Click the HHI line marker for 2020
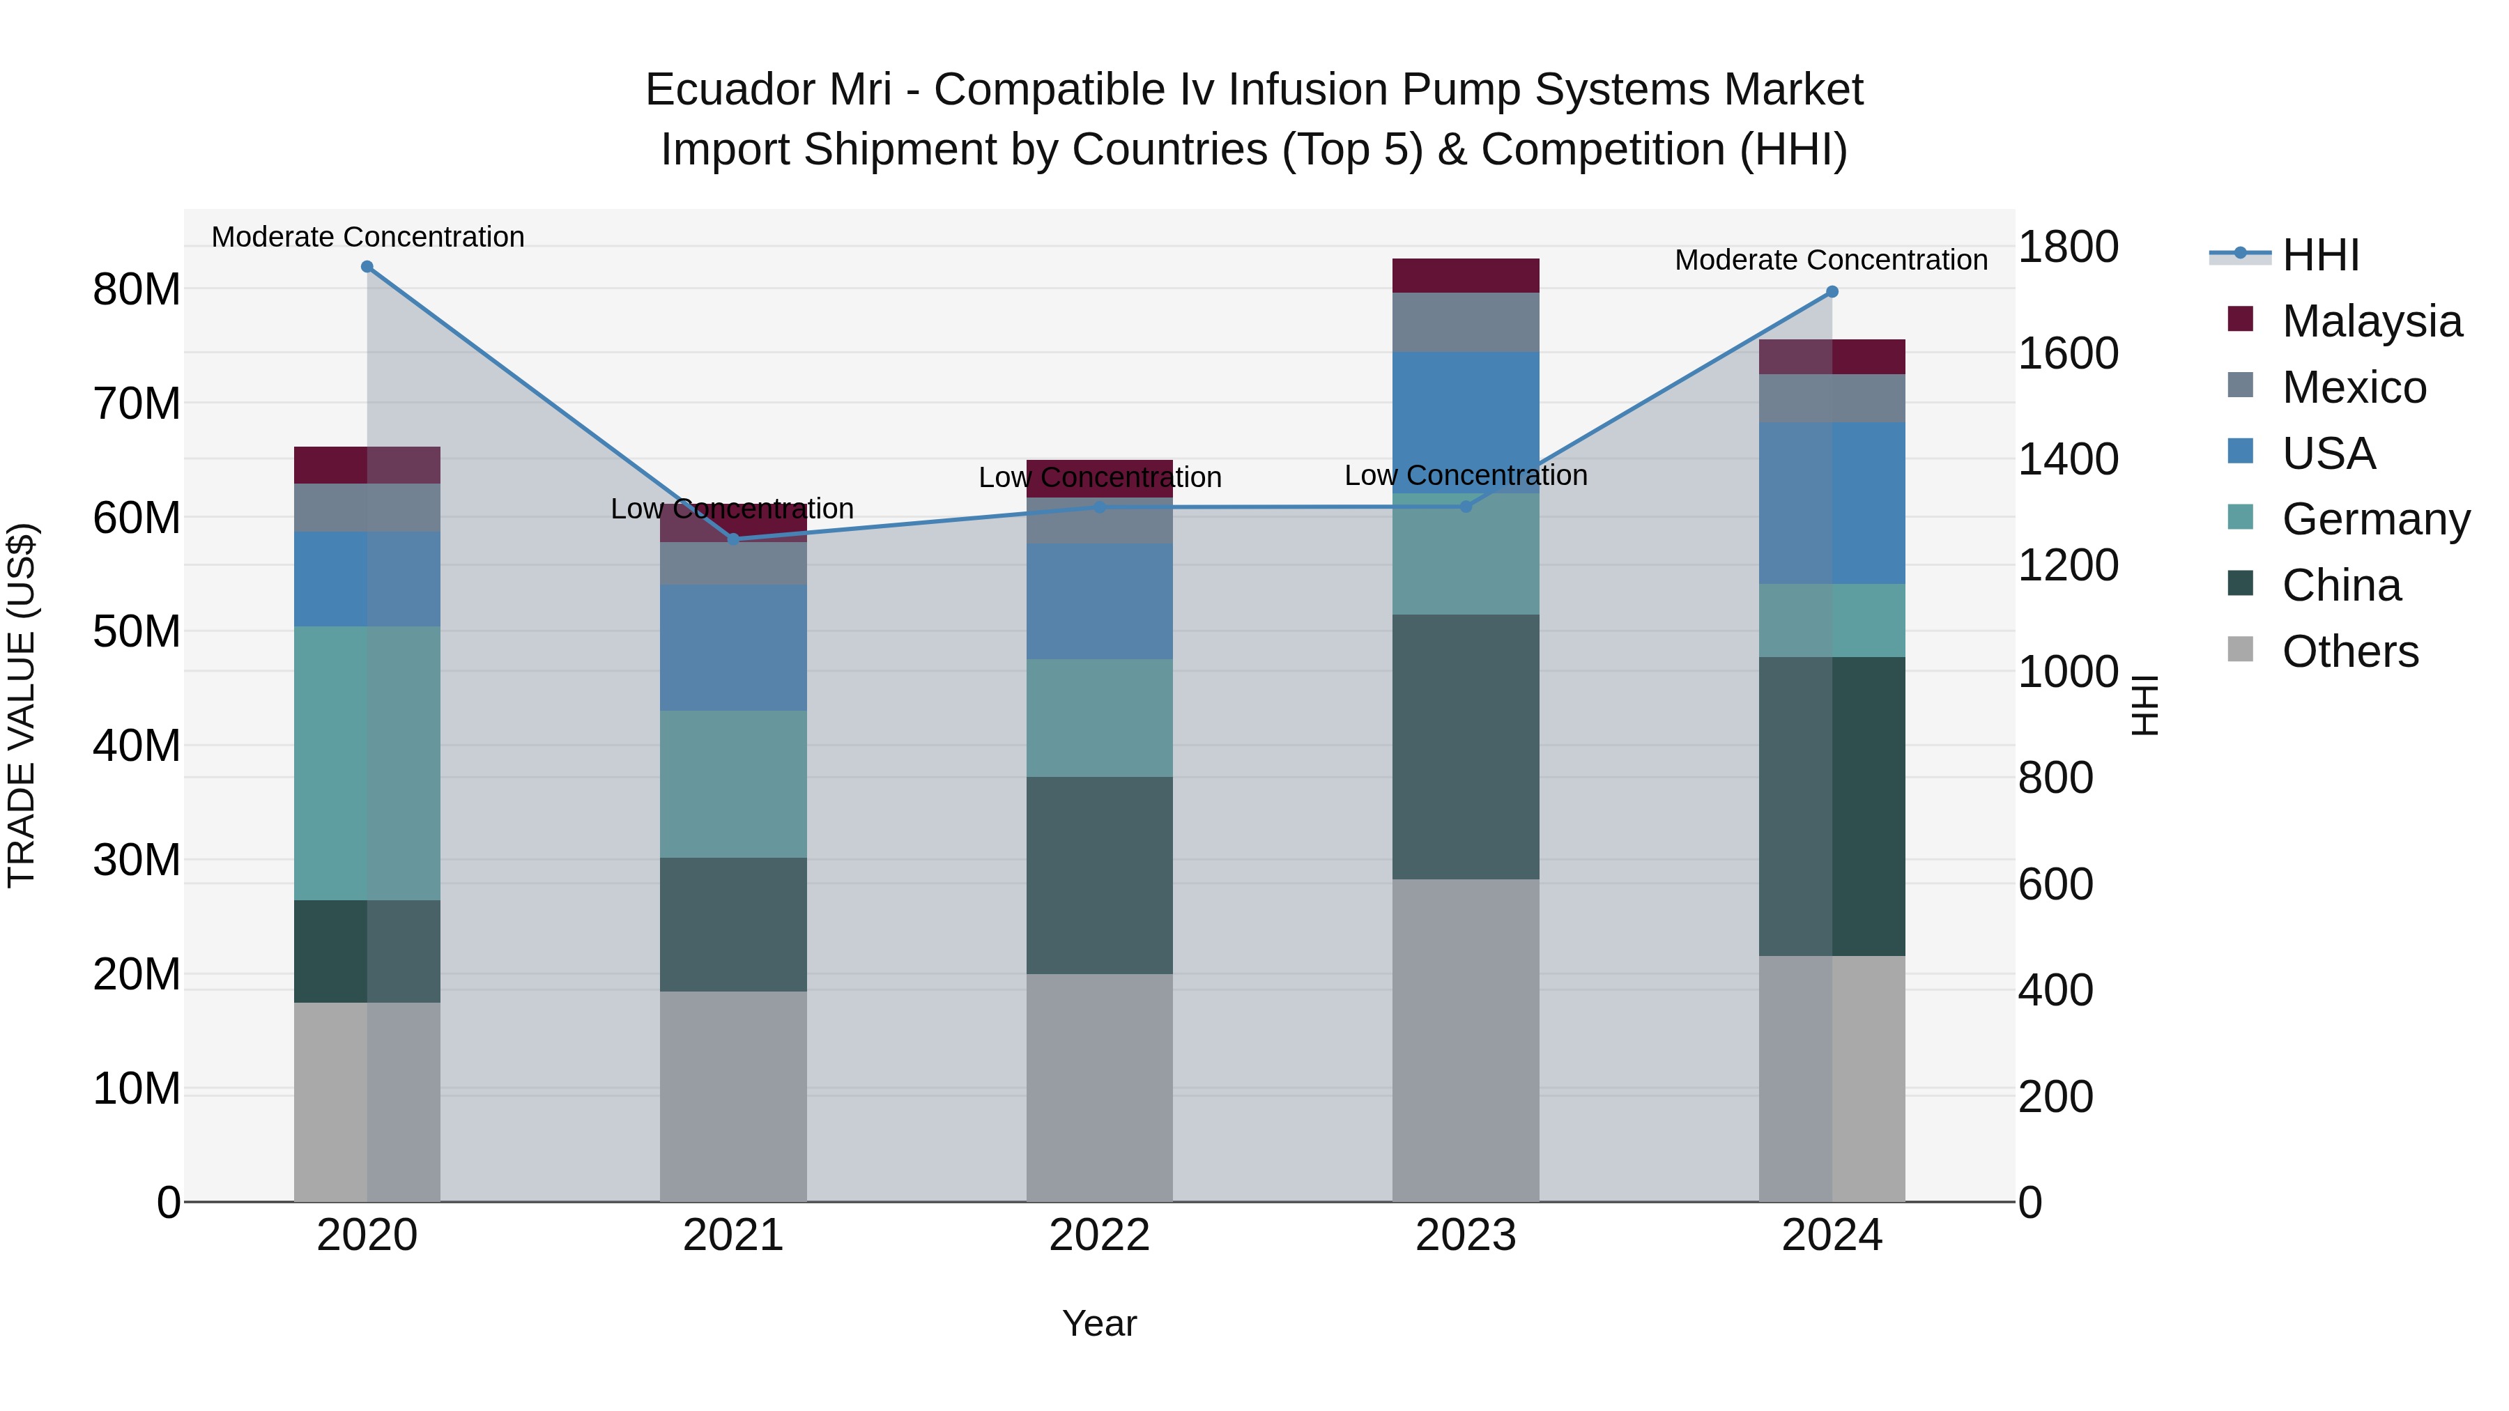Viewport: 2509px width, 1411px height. point(367,267)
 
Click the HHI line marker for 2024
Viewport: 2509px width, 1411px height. point(1832,292)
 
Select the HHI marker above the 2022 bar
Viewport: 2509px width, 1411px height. point(1100,507)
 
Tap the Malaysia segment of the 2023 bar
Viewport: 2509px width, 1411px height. point(1465,275)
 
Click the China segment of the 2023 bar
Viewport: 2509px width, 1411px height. point(1465,747)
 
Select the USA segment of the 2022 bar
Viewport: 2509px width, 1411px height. point(1100,601)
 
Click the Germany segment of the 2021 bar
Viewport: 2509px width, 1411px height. point(732,784)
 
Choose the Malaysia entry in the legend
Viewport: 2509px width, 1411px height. point(2372,321)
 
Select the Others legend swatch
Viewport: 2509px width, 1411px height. point(2240,649)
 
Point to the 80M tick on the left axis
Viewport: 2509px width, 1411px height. point(137,289)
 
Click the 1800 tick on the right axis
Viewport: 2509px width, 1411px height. point(2068,247)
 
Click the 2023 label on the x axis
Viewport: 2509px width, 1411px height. point(1465,1235)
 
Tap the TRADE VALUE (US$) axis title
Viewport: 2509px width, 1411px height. point(22,705)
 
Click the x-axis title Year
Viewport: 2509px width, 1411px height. point(1100,1323)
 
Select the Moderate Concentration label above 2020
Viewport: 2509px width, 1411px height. point(367,237)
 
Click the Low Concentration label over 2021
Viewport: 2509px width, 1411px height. point(732,509)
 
